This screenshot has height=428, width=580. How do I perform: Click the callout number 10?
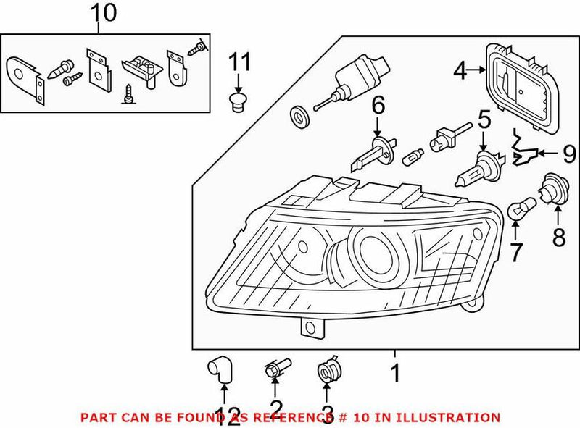tap(102, 14)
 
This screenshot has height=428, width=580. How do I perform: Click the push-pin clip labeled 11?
tap(234, 100)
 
